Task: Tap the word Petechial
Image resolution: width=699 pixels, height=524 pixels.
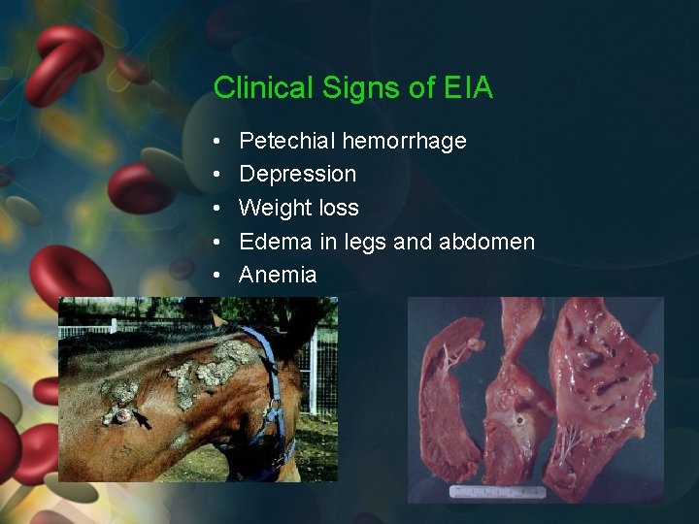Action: (x=285, y=142)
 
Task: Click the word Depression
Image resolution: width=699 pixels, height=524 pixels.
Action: (x=297, y=175)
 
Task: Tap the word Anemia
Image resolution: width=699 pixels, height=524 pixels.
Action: (x=278, y=275)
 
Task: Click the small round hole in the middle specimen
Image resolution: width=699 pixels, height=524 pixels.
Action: (x=520, y=421)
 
